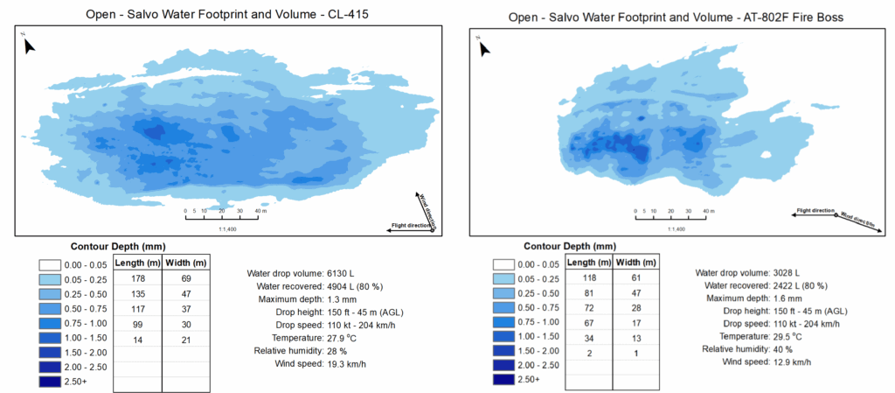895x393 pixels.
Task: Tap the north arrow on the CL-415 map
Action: (x=29, y=44)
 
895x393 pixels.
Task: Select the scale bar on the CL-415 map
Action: (x=223, y=215)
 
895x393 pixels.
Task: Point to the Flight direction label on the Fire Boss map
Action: (x=814, y=211)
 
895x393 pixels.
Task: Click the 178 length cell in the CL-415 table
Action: (x=138, y=278)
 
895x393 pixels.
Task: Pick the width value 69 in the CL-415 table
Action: (x=186, y=278)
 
